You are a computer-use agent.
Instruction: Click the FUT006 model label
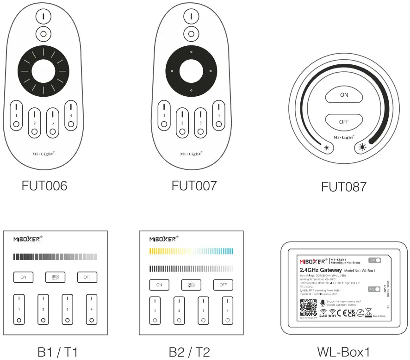click(44, 186)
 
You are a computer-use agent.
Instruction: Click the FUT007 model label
click(194, 186)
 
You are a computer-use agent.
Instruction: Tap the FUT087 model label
click(344, 187)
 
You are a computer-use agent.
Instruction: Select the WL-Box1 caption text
click(343, 352)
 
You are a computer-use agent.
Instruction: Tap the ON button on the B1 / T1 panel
click(23, 277)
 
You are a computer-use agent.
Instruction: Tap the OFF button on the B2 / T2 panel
click(223, 285)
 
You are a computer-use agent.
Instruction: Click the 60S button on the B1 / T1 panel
click(55, 277)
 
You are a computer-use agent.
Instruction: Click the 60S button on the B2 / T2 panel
click(191, 285)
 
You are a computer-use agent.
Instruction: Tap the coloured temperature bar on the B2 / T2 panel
click(191, 251)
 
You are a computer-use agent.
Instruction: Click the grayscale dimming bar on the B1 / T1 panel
click(55, 256)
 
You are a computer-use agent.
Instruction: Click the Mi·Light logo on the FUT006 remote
click(44, 153)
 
